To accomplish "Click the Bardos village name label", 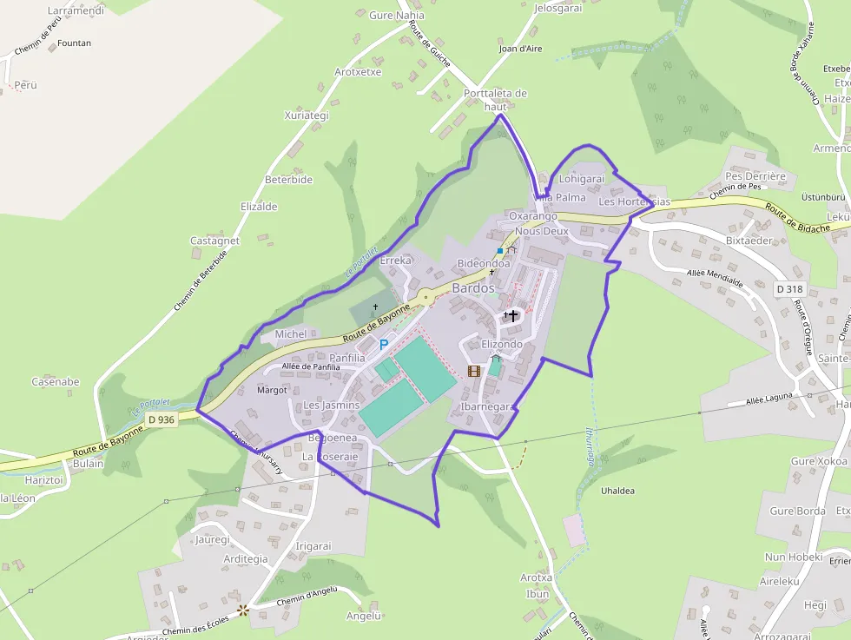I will pos(473,287).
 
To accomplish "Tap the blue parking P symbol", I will pos(383,345).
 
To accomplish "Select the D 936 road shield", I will pos(161,419).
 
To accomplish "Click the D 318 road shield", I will pos(789,288).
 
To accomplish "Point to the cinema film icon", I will pos(473,371).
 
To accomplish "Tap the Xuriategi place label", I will pos(307,115).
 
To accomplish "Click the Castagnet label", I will pos(214,241).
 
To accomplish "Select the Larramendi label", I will pos(76,11).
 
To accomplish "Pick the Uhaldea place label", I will pos(617,491).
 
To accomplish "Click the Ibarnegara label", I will pos(489,406).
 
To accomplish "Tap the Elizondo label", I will pos(502,344).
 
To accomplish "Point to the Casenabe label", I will pos(56,381).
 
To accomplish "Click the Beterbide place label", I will pos(288,180).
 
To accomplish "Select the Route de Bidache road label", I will pos(797,218).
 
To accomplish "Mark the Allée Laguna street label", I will pos(769,399).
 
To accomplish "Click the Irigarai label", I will pos(314,546).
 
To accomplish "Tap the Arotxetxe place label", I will pos(358,72).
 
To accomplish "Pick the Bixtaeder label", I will pos(749,240).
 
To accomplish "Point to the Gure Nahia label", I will pos(397,16).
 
